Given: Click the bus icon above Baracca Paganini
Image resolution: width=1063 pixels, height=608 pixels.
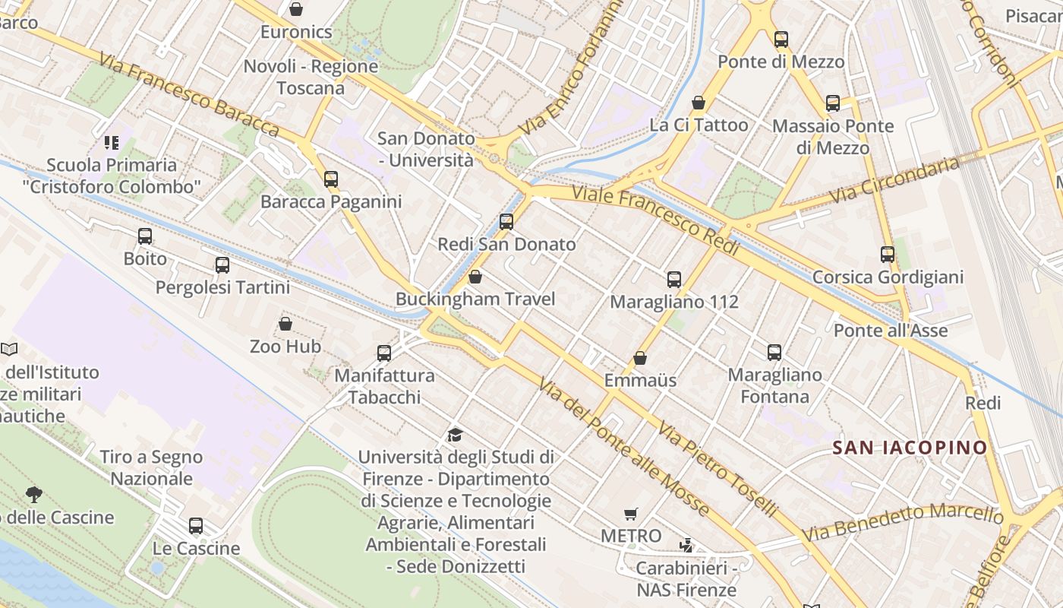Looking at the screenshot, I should click(331, 179).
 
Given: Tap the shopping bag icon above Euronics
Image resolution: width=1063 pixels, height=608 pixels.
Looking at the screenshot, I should click(296, 9).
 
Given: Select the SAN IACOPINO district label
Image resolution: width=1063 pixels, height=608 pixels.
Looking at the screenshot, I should click(910, 448).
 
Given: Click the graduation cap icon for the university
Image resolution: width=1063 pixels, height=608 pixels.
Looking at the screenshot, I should click(455, 435).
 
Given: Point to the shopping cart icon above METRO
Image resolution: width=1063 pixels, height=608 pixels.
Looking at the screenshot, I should click(630, 515).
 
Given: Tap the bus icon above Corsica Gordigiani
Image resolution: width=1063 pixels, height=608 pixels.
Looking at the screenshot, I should click(888, 255).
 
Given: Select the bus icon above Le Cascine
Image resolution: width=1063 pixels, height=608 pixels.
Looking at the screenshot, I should click(196, 526).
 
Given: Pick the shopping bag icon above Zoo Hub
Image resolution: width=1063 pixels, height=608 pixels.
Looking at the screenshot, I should click(285, 325).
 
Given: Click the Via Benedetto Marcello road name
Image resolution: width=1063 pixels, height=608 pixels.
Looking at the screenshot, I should click(903, 524).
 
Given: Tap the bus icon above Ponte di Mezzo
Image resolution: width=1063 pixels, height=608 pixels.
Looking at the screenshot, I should click(781, 40).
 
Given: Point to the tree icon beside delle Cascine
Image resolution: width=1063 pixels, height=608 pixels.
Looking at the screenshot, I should click(33, 495).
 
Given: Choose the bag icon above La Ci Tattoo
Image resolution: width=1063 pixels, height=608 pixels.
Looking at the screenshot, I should click(699, 103).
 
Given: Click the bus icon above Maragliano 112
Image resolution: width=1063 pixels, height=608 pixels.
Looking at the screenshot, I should click(674, 280).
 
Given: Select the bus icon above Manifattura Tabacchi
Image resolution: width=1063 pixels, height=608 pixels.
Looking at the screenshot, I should click(384, 353).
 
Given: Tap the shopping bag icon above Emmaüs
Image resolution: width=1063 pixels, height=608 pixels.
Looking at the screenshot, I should click(640, 358).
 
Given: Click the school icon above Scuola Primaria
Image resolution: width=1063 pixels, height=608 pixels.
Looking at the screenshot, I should click(112, 143).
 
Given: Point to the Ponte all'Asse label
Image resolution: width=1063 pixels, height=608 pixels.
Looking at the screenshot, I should click(891, 331).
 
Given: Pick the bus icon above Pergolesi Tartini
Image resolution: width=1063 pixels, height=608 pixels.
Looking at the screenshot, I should click(222, 265).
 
